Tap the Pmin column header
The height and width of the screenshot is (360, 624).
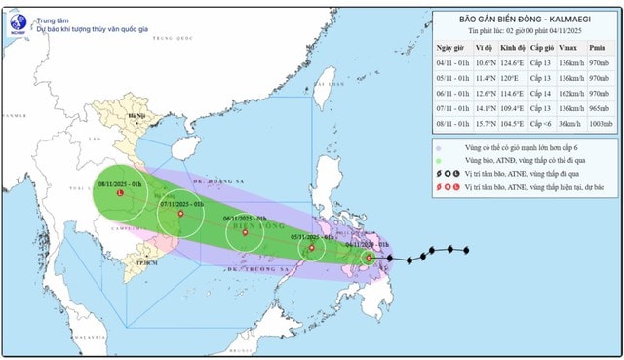(x=600, y=46)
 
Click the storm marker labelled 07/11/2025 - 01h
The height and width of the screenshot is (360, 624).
(x=180, y=214)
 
